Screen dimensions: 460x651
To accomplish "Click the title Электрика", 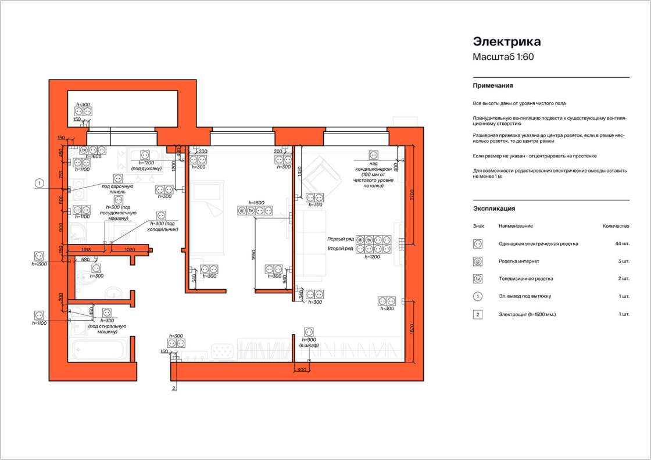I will click(x=507, y=42).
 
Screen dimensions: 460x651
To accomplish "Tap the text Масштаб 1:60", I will click(x=503, y=57).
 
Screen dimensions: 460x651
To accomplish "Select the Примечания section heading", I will click(x=493, y=85).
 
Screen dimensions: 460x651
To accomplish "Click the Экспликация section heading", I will click(x=494, y=208).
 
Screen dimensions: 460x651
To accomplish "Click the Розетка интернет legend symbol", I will click(x=478, y=261).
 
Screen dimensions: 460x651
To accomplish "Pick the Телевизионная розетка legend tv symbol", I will click(x=478, y=279).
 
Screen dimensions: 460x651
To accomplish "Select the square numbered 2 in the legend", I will click(x=478, y=314).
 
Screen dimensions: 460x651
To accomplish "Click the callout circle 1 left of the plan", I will click(x=39, y=184).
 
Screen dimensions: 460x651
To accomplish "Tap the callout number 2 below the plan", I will click(x=174, y=388).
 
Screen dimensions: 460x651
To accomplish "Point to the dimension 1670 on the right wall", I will click(x=412, y=330).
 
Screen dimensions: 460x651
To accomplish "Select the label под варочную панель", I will click(x=117, y=189).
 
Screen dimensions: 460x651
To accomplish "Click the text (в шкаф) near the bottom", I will click(x=309, y=346).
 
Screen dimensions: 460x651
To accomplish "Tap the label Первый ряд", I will click(x=340, y=239).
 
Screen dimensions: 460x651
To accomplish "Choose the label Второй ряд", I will click(x=340, y=249).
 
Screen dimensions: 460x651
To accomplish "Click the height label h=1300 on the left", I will click(x=39, y=264).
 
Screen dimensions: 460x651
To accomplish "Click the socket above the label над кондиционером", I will click(x=373, y=155).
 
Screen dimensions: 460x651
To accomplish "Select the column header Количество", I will click(x=616, y=226).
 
